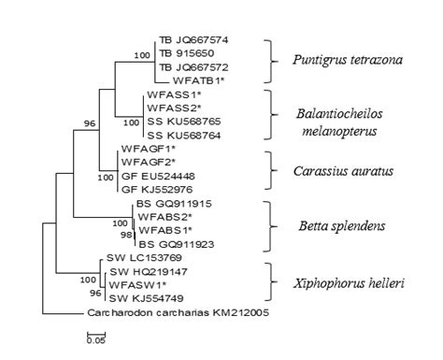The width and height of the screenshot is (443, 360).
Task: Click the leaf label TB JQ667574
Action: point(193,41)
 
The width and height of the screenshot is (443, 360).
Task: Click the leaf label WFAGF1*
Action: point(147,149)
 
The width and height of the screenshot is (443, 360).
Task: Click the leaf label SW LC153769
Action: point(136,257)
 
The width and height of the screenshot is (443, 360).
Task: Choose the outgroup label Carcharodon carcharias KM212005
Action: point(178,312)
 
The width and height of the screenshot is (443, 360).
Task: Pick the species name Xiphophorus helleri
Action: point(343,279)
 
